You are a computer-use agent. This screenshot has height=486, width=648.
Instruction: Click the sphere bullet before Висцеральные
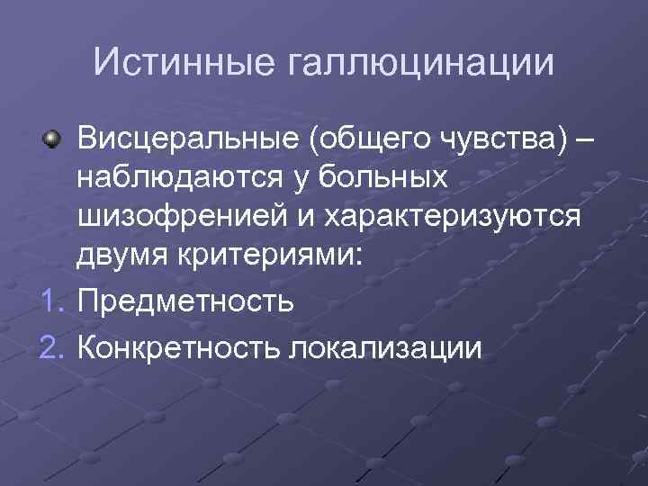53,140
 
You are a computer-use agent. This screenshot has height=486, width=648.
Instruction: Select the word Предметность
186,299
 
